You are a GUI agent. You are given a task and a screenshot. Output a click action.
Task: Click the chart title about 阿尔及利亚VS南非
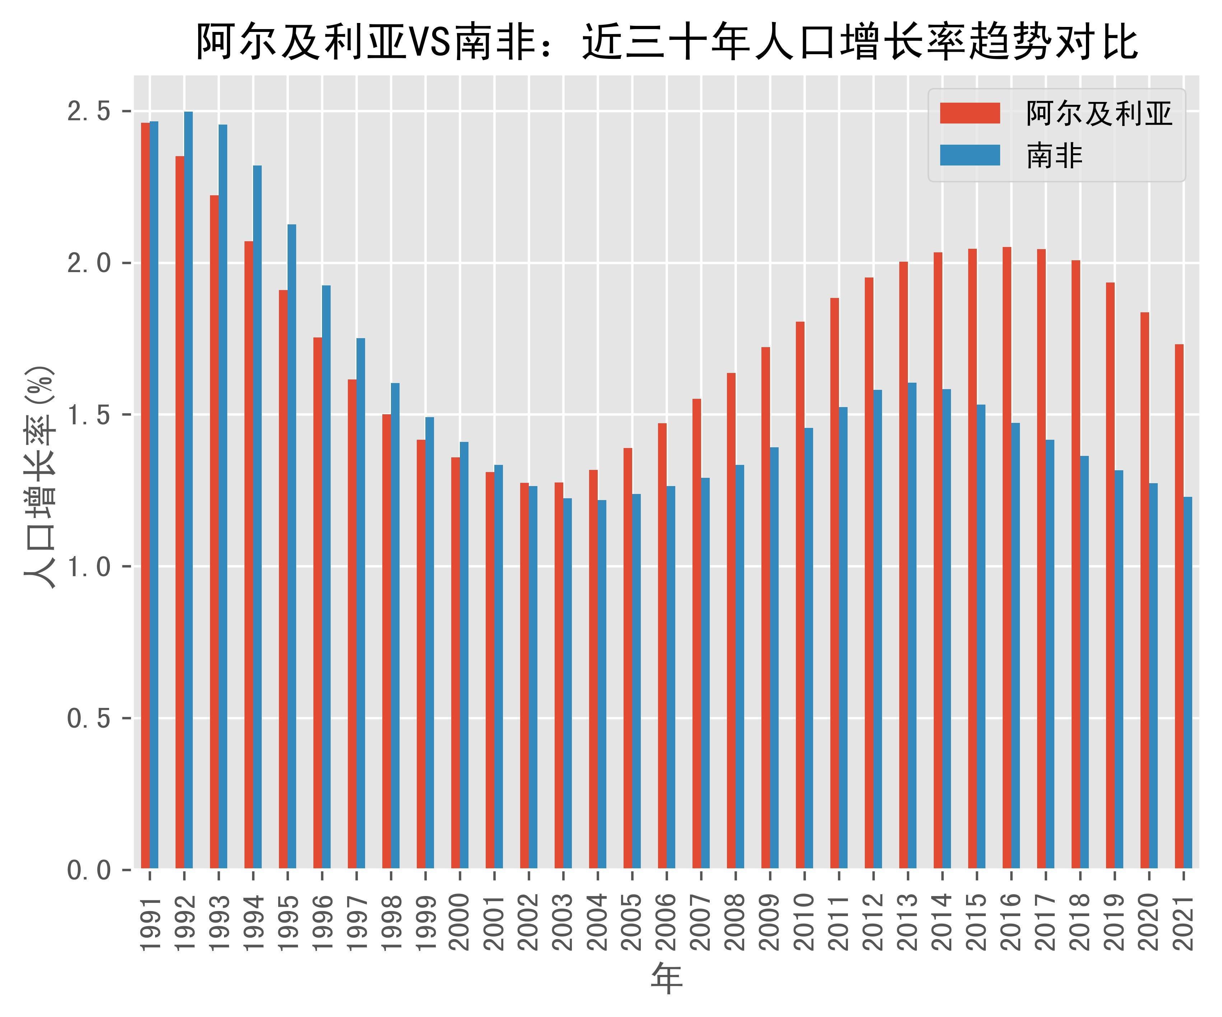coord(666,42)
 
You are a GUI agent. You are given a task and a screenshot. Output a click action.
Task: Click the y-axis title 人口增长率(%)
coord(39,477)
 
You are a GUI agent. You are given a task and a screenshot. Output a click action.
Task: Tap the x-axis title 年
coord(666,979)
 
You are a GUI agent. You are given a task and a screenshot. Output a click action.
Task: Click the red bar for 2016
coord(1007,559)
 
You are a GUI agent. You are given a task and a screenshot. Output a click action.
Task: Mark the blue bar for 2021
coord(1188,684)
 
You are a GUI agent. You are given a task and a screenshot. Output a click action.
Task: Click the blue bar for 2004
coord(602,685)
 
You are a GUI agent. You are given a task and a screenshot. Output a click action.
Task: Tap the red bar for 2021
coord(1179,607)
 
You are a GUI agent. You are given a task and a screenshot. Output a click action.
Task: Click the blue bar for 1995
coord(291,547)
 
